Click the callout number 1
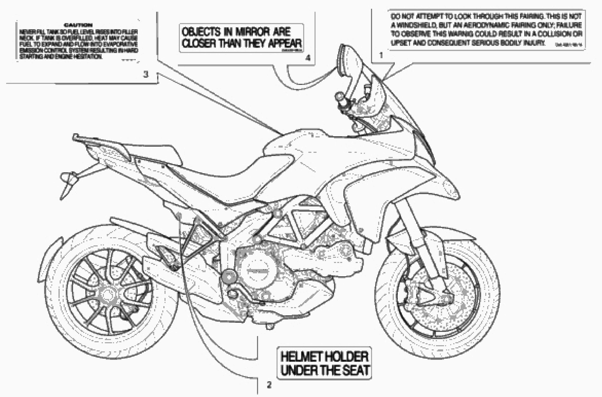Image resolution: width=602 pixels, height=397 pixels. (x=381, y=55)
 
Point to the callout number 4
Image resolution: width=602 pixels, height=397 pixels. (x=308, y=58)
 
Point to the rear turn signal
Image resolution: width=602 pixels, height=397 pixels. (x=68, y=177)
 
